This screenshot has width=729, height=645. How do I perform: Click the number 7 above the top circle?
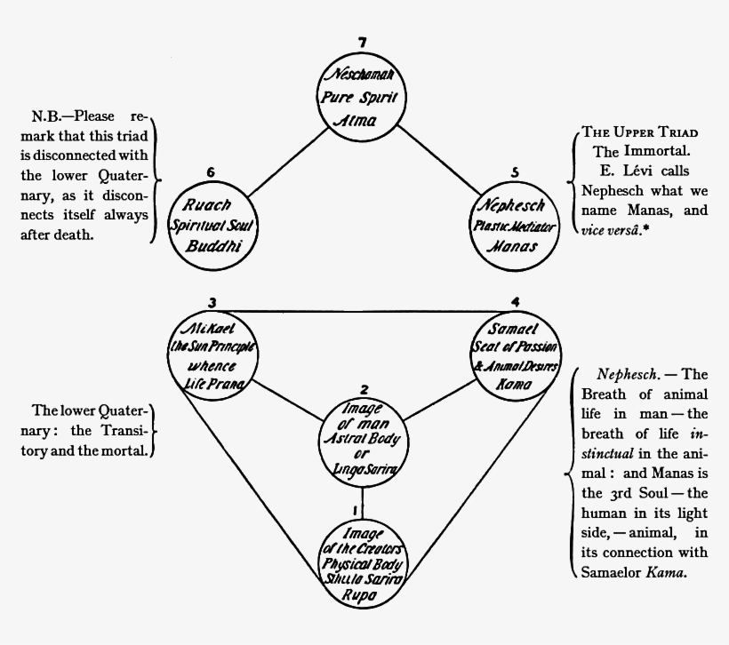(361, 43)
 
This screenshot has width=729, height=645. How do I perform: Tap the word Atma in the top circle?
(360, 120)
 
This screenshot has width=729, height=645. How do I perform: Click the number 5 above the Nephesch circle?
(515, 171)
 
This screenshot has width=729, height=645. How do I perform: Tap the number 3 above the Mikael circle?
(212, 302)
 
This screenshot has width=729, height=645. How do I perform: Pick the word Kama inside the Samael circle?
(516, 385)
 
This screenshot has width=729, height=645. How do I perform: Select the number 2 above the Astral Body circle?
(364, 389)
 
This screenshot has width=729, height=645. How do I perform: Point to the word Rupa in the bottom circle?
(361, 597)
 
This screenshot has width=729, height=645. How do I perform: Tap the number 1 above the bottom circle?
(356, 510)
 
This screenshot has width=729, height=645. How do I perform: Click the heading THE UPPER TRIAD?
(639, 132)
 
